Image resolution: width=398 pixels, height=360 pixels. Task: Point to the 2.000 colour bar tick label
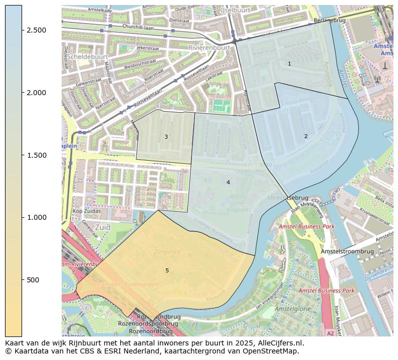point(36,93)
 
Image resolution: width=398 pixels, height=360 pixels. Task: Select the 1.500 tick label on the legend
point(36,155)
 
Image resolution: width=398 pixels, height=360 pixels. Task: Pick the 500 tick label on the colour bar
point(33,280)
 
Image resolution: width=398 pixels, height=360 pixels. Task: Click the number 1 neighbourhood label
point(289,64)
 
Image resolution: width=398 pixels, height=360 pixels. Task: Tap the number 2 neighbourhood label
point(306,136)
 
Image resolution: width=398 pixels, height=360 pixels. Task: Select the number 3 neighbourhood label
point(166,137)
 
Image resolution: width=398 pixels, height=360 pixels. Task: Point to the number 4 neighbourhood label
point(228,182)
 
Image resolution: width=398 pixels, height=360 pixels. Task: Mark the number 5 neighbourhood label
point(167,270)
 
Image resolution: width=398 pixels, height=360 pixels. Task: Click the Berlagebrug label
point(329,21)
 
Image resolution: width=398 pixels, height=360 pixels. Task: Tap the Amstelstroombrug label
point(347,251)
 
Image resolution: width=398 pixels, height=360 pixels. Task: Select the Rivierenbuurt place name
point(209,48)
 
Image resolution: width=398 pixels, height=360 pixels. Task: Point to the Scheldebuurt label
point(84,57)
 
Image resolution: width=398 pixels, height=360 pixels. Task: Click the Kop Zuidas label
point(87,211)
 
